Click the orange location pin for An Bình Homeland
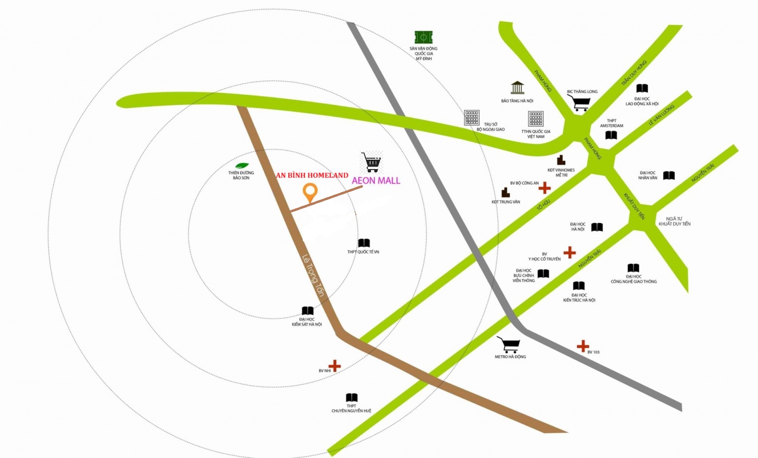[310, 192]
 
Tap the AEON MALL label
[376, 180]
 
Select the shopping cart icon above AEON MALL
[371, 162]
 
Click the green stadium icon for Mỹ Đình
[424, 37]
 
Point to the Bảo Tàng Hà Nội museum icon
[517, 88]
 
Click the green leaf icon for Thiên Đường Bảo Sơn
[242, 165]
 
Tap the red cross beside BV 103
[583, 346]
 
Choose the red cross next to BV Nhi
[334, 366]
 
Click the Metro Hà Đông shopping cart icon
[509, 345]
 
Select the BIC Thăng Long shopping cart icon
[579, 102]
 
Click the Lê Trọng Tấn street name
[313, 276]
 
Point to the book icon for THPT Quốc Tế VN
[364, 243]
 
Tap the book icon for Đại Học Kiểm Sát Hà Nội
[307, 311]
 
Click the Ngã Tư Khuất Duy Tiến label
[674, 221]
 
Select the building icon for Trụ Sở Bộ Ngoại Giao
[471, 117]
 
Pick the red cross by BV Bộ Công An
[544, 188]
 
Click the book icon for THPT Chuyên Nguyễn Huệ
[352, 397]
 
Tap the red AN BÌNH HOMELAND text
[312, 175]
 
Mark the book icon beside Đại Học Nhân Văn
[668, 176]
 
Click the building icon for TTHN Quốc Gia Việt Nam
[536, 118]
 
